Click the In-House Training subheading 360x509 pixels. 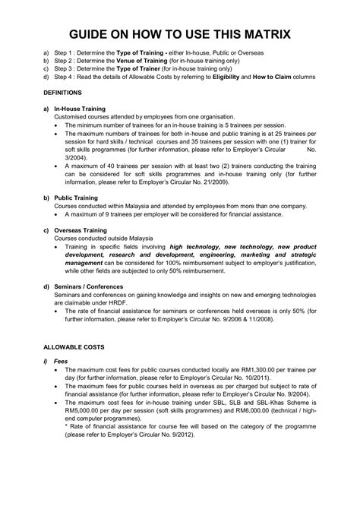pos(80,109)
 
